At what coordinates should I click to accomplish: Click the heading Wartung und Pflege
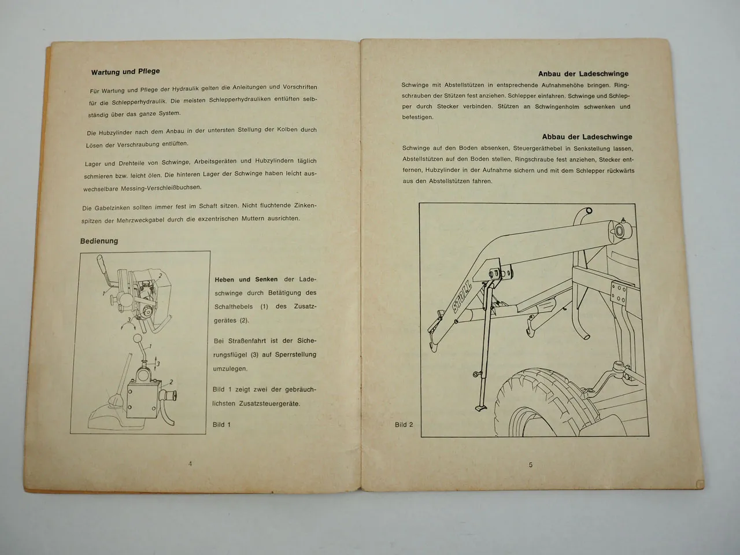[x=125, y=72]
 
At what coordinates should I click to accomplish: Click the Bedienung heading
[x=99, y=241]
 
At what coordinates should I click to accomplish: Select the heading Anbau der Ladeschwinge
[x=583, y=73]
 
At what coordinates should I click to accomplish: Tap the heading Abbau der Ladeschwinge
[x=587, y=137]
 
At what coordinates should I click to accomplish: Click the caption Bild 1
[x=221, y=424]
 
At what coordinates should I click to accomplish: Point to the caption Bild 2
[x=404, y=424]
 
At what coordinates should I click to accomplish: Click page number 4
[x=190, y=463]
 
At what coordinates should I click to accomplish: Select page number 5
[x=530, y=464]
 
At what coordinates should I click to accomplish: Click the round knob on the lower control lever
[x=138, y=339]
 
